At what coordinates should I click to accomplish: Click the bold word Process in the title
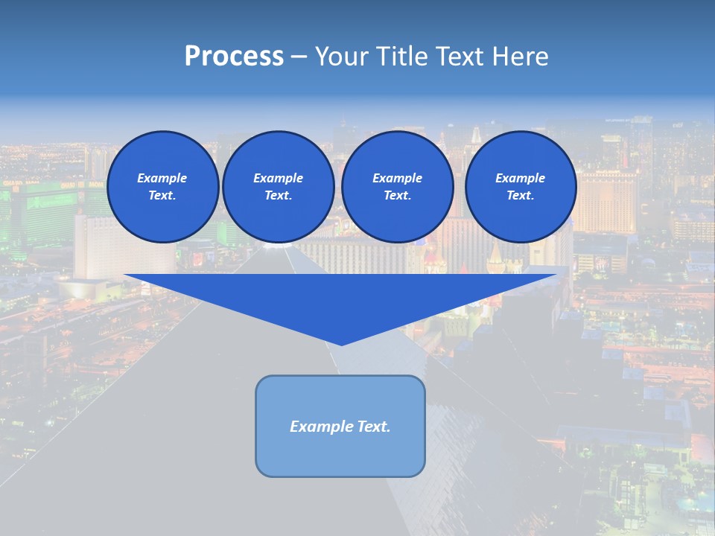coord(234,57)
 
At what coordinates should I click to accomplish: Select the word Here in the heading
coord(521,57)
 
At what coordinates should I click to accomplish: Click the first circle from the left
coord(162,187)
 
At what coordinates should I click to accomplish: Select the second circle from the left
coord(278,187)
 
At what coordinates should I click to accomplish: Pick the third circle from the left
coord(397,187)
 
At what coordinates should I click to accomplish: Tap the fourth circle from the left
coord(520,187)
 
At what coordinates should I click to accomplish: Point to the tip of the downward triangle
coord(341,344)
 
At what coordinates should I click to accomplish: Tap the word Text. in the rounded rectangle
coord(375,427)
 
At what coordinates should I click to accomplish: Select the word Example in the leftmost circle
coord(162,179)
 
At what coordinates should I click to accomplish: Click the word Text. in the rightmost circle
coord(520,196)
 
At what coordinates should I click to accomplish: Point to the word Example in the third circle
coord(397,179)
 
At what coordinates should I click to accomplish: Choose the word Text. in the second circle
coord(278,196)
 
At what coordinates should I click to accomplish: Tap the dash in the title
coord(299,57)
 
